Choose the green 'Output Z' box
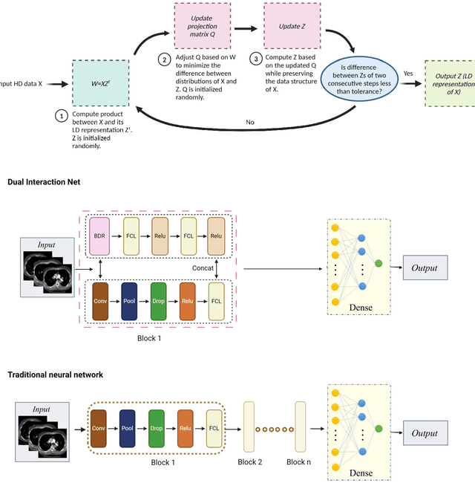[x=448, y=83]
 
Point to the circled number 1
[x=61, y=116]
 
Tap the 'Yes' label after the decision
[x=407, y=74]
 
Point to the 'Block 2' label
[x=249, y=461]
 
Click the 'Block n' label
[x=300, y=461]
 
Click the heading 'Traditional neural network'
[x=55, y=375]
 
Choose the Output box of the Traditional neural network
[x=426, y=433]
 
